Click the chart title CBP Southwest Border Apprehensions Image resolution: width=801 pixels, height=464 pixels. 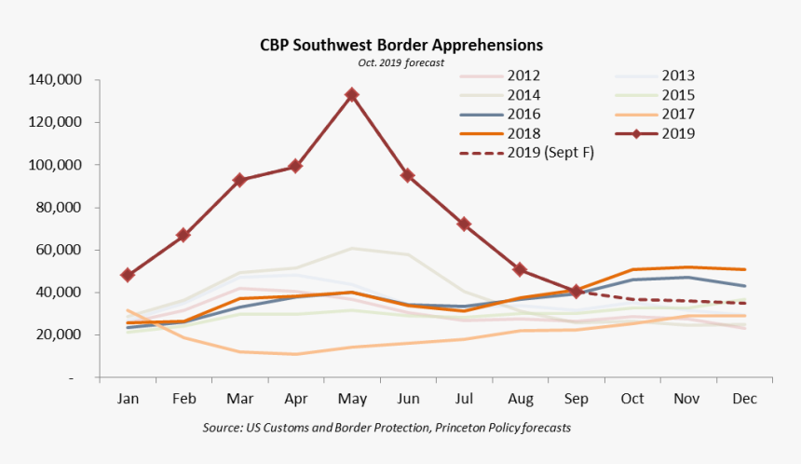click(x=400, y=45)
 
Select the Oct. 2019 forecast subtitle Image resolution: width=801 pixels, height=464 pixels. click(x=400, y=62)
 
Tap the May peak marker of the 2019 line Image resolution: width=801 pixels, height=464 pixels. click(x=351, y=95)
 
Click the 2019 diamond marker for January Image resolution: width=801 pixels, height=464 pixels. click(x=127, y=275)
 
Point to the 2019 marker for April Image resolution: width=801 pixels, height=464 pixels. click(x=295, y=166)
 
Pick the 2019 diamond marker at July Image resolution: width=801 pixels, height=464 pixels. click(x=463, y=225)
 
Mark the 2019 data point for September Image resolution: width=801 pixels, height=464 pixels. click(x=576, y=292)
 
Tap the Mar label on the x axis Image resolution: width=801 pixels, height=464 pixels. click(x=238, y=398)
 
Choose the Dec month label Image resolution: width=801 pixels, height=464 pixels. click(x=743, y=398)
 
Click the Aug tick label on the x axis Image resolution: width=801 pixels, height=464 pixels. click(x=519, y=398)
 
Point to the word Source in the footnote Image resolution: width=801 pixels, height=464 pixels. click(x=224, y=428)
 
